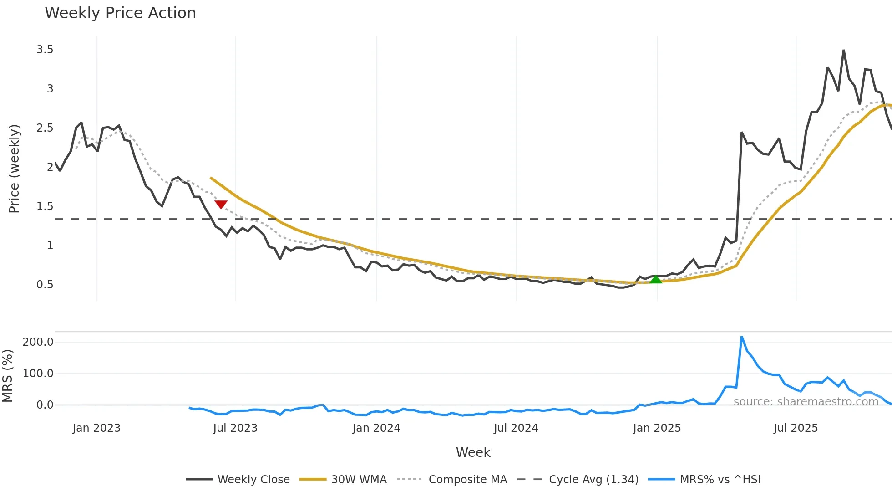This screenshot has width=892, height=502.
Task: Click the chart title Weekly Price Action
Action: (120, 13)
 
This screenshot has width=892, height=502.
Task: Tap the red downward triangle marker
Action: (221, 205)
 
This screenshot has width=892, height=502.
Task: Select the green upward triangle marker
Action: (655, 279)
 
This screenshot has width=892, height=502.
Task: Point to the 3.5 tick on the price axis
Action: (45, 49)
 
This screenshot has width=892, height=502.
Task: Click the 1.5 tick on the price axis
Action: (45, 206)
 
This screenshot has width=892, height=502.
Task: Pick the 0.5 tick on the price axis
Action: (45, 284)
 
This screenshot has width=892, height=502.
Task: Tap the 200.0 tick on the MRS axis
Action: (38, 342)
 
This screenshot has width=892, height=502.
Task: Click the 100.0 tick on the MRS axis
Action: (38, 373)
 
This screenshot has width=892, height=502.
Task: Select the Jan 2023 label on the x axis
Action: (96, 428)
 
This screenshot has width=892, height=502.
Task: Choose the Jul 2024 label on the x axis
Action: (516, 428)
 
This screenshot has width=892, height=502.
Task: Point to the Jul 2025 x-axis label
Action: (796, 428)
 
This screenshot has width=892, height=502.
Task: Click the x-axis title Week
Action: (473, 452)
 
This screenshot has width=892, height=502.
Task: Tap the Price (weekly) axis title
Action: (14, 169)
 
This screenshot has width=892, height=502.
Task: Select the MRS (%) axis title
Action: (7, 376)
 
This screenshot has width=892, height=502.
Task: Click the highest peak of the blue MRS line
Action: (742, 337)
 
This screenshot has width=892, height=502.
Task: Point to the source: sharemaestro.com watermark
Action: (806, 401)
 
